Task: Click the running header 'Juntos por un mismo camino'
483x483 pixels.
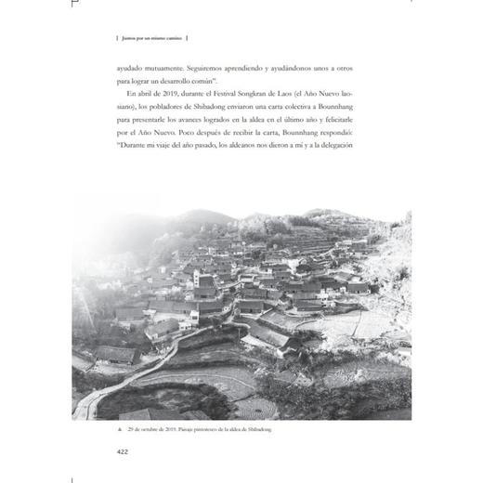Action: coord(149,38)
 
